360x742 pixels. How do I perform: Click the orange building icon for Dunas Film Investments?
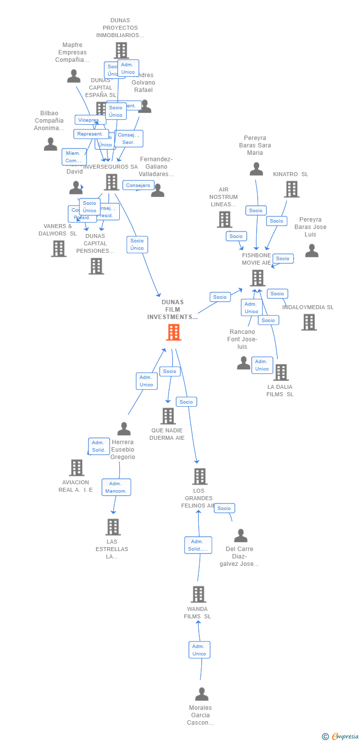point(174,332)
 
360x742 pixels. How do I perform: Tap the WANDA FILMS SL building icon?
point(198,594)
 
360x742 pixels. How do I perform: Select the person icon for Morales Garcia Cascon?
point(201,694)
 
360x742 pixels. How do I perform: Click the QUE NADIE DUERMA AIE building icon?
point(168,416)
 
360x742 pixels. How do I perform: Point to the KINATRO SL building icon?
point(292,189)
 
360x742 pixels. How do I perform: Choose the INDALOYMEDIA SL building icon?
point(309,322)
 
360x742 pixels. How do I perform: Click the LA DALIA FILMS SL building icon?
point(281,372)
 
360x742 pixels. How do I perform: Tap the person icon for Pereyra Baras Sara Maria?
point(256,169)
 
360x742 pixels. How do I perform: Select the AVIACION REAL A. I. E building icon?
point(77,467)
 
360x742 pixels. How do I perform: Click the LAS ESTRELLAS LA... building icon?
point(113,527)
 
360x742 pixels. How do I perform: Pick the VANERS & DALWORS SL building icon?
point(58,248)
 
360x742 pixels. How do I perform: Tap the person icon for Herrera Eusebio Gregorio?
point(124,428)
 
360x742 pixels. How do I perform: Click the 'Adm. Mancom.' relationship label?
point(116,487)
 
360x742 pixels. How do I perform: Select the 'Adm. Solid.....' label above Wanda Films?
point(198,545)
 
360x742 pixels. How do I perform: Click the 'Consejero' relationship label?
point(138,185)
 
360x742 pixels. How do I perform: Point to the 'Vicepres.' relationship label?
point(90,120)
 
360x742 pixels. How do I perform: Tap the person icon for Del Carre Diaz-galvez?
point(241,535)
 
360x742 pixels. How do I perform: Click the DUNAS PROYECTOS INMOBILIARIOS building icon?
point(121,50)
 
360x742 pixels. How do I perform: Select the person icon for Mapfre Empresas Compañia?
point(74,76)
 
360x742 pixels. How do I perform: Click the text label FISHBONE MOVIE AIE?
point(256,259)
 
